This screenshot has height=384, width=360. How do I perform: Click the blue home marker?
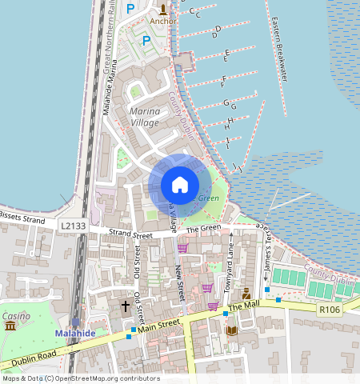pyautogui.click(x=180, y=185)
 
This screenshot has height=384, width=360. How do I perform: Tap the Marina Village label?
pyautogui.click(x=144, y=116)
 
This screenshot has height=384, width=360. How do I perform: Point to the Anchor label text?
pyautogui.click(x=163, y=22)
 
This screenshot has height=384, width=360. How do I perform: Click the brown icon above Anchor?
pyautogui.click(x=164, y=10)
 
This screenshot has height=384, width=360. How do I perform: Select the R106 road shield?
pyautogui.click(x=329, y=308)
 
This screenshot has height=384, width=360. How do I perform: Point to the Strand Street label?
pyautogui.click(x=130, y=234)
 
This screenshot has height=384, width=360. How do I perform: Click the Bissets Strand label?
pyautogui.click(x=22, y=216)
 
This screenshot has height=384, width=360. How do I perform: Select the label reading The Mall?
pyautogui.click(x=246, y=306)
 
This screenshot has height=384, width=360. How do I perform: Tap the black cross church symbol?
pyautogui.click(x=125, y=306)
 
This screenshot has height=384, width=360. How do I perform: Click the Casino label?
pyautogui.click(x=16, y=316)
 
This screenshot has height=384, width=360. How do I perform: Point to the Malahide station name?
pyautogui.click(x=75, y=332)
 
